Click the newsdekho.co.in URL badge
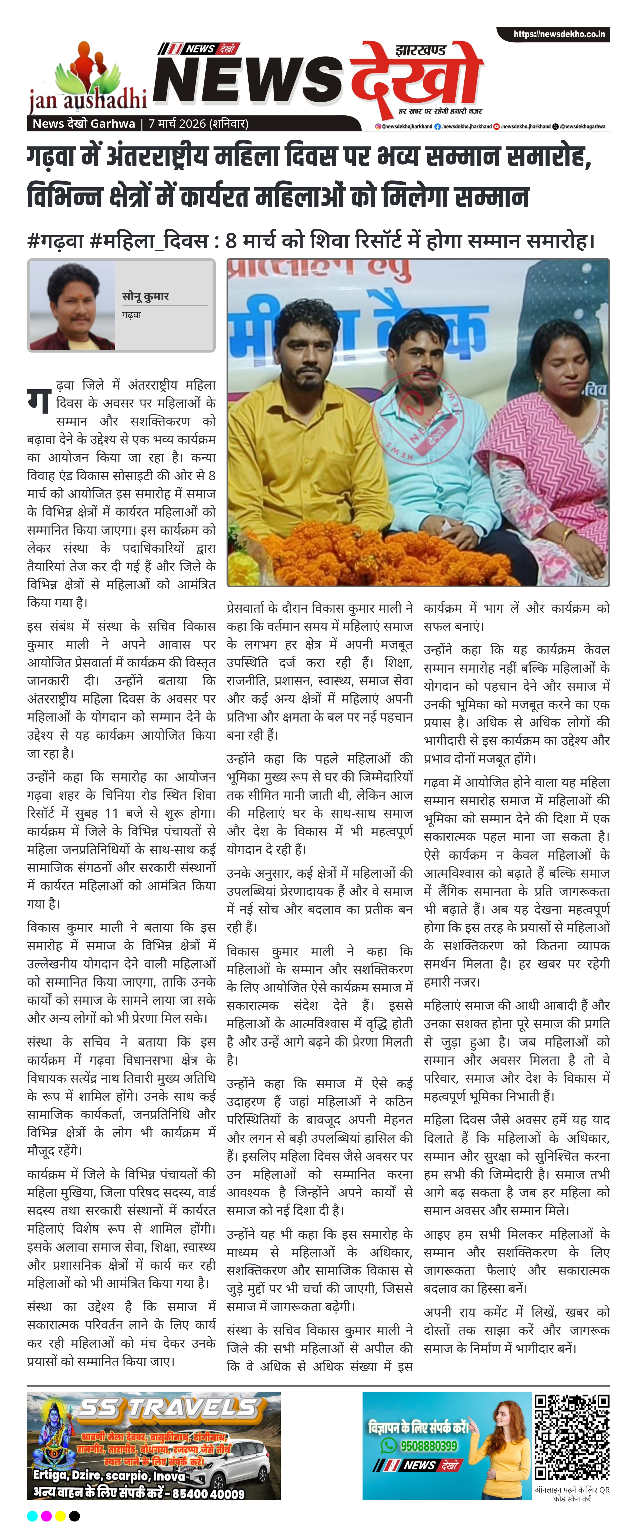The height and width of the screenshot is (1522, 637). pos(558,34)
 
